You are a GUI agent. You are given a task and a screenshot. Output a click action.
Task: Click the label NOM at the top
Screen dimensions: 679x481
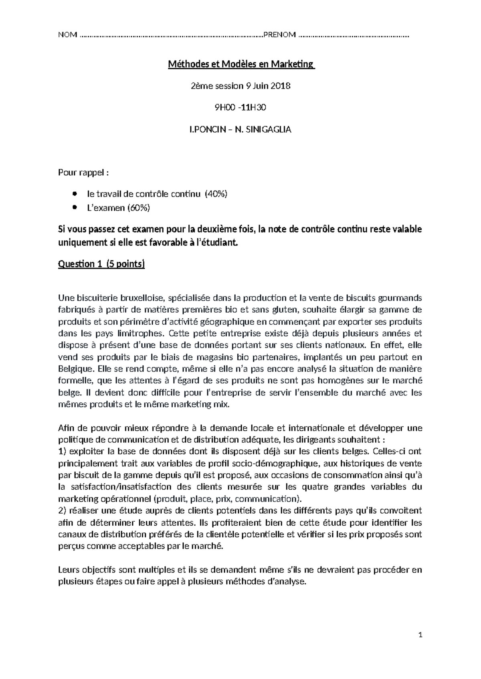(x=67, y=35)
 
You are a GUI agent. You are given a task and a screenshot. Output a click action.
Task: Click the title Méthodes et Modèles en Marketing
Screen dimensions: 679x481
(x=240, y=64)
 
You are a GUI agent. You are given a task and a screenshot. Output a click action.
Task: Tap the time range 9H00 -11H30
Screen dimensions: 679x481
(x=240, y=107)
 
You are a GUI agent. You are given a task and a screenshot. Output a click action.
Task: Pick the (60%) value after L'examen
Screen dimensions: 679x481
(x=139, y=207)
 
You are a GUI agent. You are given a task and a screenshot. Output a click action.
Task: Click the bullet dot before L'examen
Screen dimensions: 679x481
(x=74, y=207)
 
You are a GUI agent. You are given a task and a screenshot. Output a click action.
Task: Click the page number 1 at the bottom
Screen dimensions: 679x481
(x=420, y=635)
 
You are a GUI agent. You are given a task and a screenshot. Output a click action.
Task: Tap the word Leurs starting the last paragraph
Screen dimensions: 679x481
(x=69, y=570)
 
